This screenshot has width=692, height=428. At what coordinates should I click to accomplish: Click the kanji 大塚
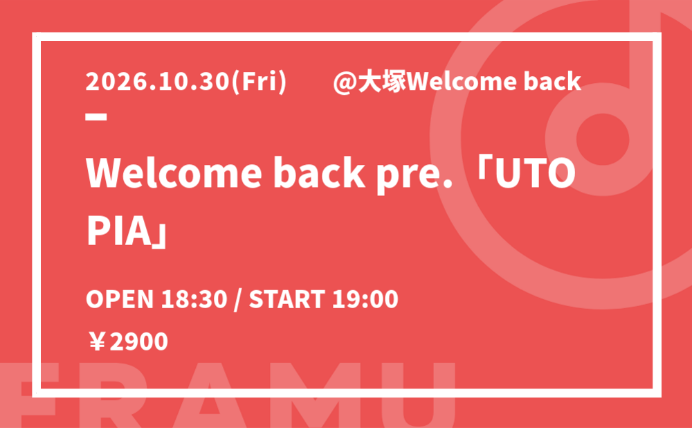point(381,82)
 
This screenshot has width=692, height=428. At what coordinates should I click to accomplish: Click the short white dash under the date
point(96,116)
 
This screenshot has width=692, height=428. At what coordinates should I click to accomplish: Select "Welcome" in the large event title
point(174,173)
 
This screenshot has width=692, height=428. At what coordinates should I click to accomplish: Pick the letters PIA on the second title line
point(120,231)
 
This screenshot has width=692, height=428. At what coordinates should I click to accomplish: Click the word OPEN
point(119,299)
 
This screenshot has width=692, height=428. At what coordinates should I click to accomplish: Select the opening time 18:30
point(194,299)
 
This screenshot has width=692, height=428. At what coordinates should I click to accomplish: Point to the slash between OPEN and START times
point(237,300)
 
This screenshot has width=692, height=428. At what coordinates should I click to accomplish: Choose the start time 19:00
point(365,299)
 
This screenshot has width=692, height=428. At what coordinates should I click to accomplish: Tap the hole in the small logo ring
point(603,139)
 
